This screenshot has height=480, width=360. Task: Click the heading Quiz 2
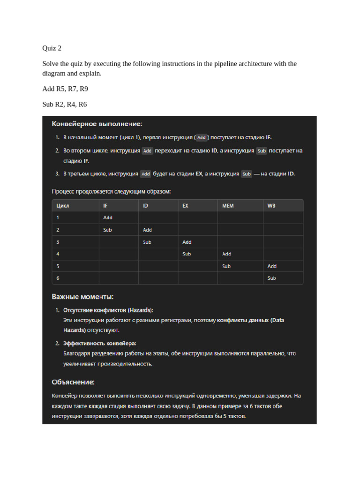pos(52,48)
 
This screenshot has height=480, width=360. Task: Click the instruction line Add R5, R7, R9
pos(65,89)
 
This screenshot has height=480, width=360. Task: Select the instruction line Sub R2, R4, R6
pos(65,104)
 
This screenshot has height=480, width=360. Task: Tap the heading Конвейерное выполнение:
pos(97,124)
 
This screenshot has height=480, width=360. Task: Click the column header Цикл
pos(63,205)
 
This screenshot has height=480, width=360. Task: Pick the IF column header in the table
pos(105,205)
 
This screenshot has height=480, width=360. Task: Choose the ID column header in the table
pos(146,205)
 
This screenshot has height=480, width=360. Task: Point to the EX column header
pos(186,205)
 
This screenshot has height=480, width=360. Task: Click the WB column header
pos(271,205)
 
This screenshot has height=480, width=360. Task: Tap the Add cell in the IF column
pos(108,217)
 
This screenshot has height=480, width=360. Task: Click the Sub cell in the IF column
pos(107,230)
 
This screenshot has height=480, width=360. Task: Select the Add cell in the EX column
pos(187,242)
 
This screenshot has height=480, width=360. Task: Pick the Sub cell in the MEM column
pos(226,266)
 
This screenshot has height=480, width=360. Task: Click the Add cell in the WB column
pos(272,266)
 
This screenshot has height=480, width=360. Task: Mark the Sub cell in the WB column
pos(271,278)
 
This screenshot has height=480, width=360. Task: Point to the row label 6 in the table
pos(58,278)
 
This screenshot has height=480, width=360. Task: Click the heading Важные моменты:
pos(82,297)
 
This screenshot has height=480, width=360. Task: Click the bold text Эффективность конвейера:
pos(100,343)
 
